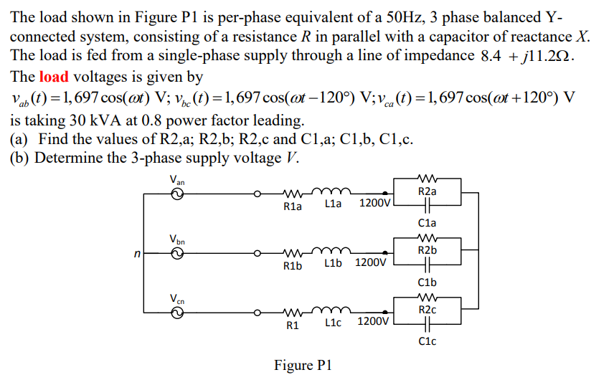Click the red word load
pyautogui.click(x=54, y=77)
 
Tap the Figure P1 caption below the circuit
pyautogui.click(x=303, y=366)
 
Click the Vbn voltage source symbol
pyautogui.click(x=176, y=252)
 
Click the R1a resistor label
pyautogui.click(x=293, y=206)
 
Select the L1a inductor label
pyautogui.click(x=333, y=204)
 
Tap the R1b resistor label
pyautogui.click(x=293, y=266)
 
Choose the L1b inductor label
pyautogui.click(x=333, y=263)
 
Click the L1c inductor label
pyautogui.click(x=333, y=323)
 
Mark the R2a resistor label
pyautogui.click(x=427, y=191)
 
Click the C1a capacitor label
pyautogui.click(x=427, y=223)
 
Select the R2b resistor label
pyautogui.click(x=427, y=250)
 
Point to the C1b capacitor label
pyautogui.click(x=427, y=282)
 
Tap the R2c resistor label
pyautogui.click(x=427, y=310)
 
